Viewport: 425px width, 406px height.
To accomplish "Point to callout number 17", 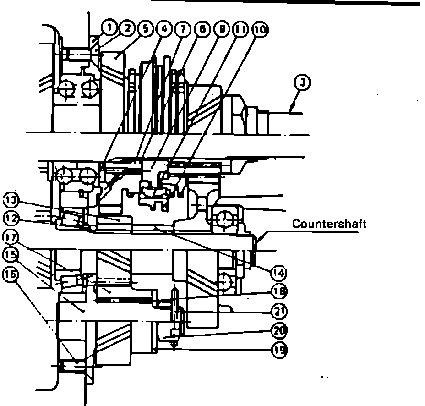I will pyautogui.click(x=11, y=237).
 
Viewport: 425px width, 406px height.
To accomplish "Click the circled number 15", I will pyautogui.click(x=11, y=253).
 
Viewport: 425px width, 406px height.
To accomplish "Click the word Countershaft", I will pyautogui.click(x=329, y=224).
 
